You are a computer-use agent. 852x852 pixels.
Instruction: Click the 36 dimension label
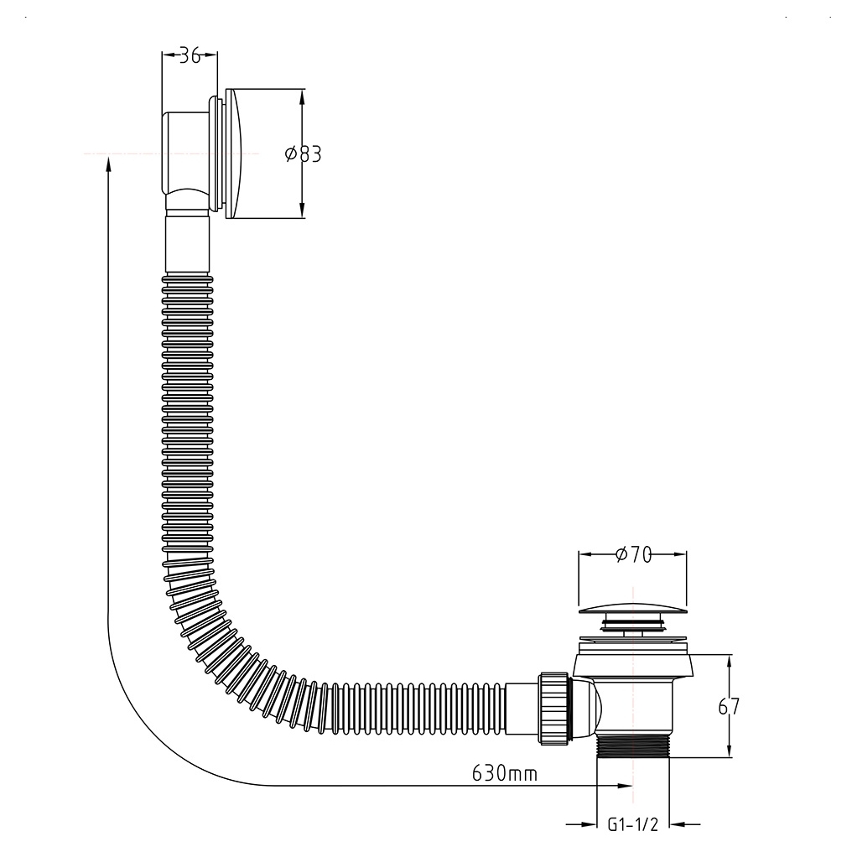(x=190, y=55)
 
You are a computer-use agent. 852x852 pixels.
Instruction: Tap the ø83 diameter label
(x=304, y=154)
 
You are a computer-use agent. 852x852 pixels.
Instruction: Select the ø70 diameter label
(x=634, y=555)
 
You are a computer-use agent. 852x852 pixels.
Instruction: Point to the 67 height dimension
(x=729, y=706)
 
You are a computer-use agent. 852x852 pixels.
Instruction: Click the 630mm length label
(x=504, y=772)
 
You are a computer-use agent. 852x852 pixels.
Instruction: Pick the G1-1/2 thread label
(x=632, y=824)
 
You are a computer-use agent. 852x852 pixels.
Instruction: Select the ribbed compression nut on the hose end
(x=553, y=708)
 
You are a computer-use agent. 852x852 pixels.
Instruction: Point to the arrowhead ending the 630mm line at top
(x=109, y=163)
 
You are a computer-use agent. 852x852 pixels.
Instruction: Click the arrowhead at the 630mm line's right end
(x=625, y=785)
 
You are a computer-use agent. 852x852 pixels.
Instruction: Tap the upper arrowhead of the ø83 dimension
(x=302, y=96)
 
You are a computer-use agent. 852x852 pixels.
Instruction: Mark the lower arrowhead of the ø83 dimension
(x=302, y=210)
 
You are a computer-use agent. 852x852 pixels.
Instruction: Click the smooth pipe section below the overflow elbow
(x=187, y=244)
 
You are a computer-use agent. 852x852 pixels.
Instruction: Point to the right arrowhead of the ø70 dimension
(x=678, y=555)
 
